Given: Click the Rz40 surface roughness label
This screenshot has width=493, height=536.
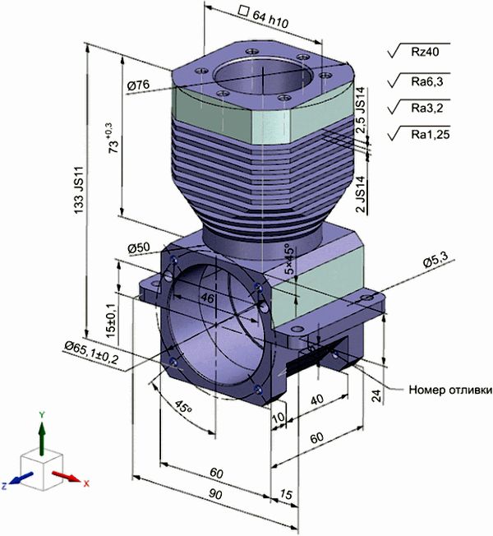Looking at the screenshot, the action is (x=425, y=52).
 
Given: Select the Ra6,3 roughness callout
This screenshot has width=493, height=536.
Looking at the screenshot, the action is (x=426, y=81).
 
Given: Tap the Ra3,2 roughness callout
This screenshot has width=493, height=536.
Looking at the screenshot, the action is (x=426, y=108).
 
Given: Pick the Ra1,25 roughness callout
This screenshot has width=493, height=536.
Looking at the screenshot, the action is (x=430, y=134).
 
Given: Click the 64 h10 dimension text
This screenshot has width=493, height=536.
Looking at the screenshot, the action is (x=270, y=19).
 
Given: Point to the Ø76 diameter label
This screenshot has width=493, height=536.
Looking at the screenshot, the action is (x=138, y=85).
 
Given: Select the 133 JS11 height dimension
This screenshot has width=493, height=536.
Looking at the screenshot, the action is (x=79, y=190).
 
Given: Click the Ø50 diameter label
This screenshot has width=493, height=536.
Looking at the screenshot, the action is (x=139, y=247).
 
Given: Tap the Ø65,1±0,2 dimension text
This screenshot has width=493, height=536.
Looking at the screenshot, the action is (x=91, y=353).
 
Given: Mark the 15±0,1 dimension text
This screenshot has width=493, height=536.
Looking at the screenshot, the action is (x=110, y=321).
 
